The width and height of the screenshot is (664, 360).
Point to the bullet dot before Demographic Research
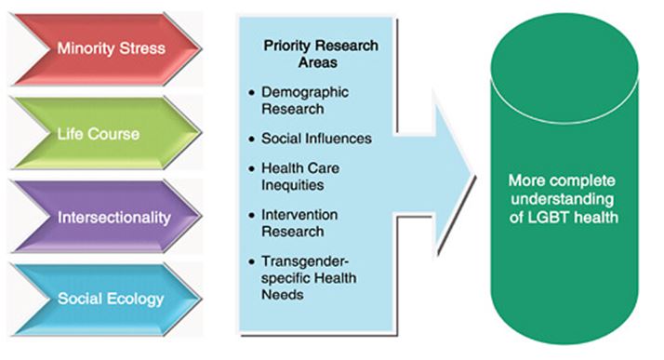[x=253, y=95]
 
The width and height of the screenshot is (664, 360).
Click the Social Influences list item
[x=317, y=139]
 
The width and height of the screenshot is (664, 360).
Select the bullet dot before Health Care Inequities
[x=253, y=167]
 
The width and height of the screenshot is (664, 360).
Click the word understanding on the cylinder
[x=558, y=198]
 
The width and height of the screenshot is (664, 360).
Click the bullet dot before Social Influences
[x=253, y=139]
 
